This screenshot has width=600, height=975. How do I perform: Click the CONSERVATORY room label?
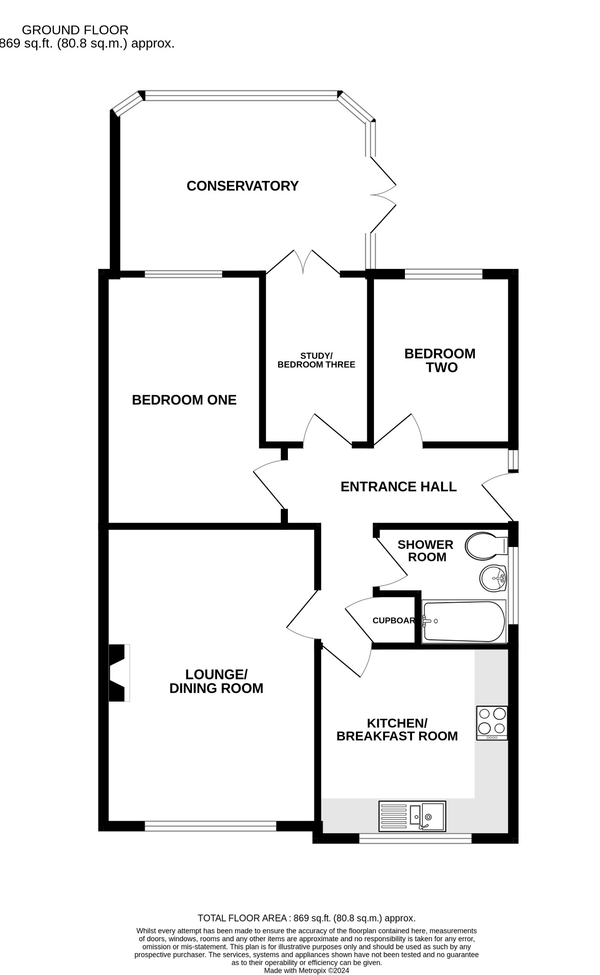click(x=242, y=186)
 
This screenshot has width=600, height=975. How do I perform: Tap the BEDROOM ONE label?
click(x=184, y=400)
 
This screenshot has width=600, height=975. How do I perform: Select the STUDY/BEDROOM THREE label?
click(x=316, y=360)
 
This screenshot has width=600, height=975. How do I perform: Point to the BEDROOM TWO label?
click(x=440, y=360)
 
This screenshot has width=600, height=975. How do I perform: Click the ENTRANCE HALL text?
click(x=398, y=487)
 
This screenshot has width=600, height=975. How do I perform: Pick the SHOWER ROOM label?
click(x=426, y=551)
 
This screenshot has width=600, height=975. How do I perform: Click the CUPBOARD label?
click(x=393, y=621)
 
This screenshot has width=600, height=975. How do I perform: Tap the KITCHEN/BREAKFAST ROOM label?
click(x=397, y=730)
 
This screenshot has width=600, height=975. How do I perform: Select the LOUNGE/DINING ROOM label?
click(x=216, y=681)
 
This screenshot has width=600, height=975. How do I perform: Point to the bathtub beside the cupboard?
click(x=463, y=621)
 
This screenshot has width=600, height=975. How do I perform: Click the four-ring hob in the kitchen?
click(x=492, y=723)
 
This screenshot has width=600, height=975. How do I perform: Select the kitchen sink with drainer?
click(x=412, y=816)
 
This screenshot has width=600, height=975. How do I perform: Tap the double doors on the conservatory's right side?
click(x=383, y=195)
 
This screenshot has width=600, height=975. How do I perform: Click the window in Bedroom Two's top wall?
click(x=443, y=274)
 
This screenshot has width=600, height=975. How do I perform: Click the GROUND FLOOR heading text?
click(x=75, y=30)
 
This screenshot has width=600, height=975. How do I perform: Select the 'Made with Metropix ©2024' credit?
click(x=306, y=971)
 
